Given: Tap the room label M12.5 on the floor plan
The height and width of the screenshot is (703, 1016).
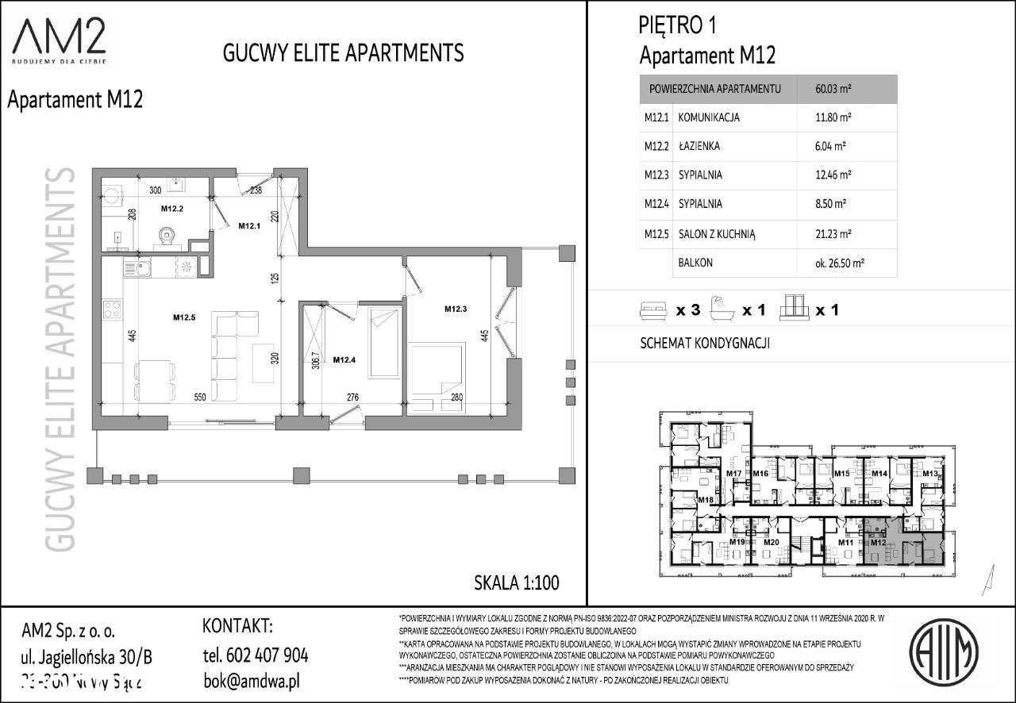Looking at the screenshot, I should [184, 318].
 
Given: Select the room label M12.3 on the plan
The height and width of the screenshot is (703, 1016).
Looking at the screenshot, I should [456, 309].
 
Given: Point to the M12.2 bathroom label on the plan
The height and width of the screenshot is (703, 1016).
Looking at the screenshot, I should [172, 209].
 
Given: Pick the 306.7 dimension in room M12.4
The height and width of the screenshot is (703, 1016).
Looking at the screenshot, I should [315, 361].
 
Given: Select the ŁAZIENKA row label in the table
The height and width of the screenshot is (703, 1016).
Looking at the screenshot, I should [699, 147].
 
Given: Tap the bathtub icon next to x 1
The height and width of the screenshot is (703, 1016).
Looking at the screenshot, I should [721, 309].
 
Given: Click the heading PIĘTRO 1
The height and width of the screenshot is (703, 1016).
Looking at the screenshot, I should [677, 26].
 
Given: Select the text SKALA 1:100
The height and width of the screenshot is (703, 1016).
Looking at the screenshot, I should [516, 582].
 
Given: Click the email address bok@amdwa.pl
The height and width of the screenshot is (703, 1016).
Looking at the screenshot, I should [251, 682].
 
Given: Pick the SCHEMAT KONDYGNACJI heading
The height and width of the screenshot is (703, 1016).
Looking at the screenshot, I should [705, 344].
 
